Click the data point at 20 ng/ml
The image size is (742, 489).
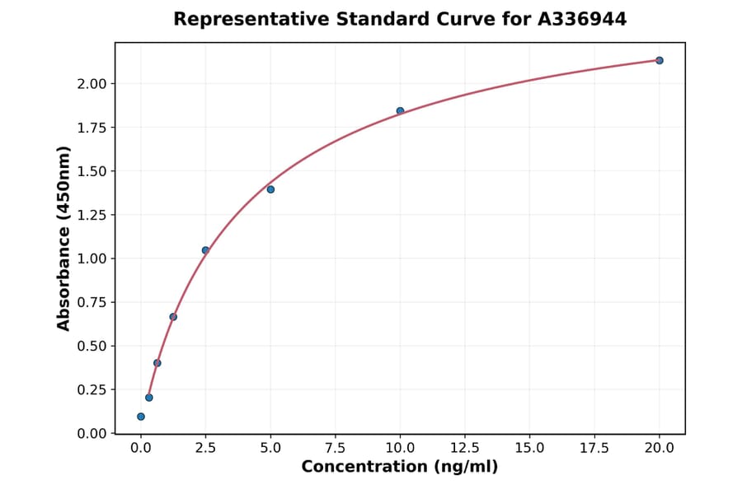660,60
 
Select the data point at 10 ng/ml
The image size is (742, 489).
400,111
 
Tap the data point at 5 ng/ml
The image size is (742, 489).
270,189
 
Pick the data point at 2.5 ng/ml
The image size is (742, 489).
205,250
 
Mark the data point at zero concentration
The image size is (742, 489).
141,417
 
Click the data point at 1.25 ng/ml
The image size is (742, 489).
173,317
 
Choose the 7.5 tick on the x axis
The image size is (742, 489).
336,448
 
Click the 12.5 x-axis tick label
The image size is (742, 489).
465,448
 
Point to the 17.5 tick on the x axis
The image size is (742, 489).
594,448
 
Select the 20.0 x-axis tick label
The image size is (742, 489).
660,448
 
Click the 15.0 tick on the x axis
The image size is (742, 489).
529,448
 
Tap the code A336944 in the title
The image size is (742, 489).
582,19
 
